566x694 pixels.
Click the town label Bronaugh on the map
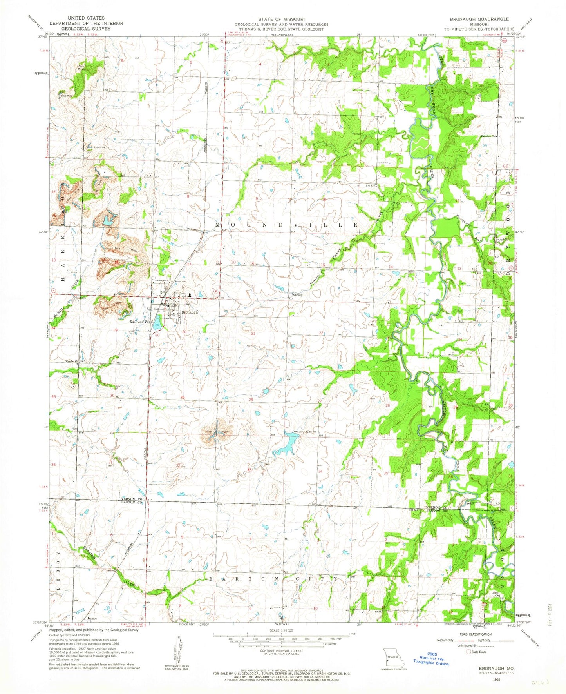(190, 312)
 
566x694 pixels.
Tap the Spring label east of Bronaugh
(297, 295)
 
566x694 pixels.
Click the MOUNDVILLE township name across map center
(286, 225)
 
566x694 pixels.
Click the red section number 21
(253, 333)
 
